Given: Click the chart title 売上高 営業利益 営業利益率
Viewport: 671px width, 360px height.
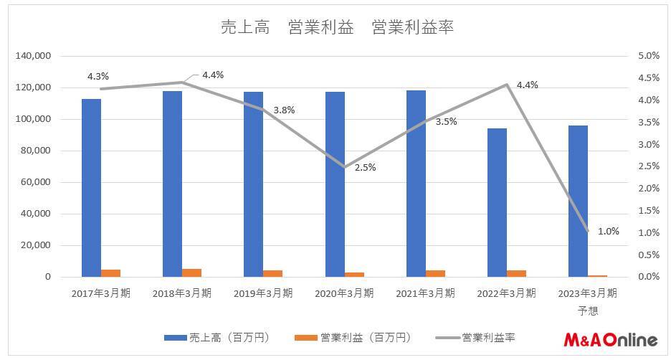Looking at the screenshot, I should pyautogui.click(x=336, y=27).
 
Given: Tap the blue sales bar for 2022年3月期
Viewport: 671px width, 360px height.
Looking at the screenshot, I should pyautogui.click(x=497, y=202).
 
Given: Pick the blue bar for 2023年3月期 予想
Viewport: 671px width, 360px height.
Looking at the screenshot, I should pyautogui.click(x=578, y=201).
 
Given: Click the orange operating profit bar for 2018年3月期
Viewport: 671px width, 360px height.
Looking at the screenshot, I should pyautogui.click(x=191, y=273).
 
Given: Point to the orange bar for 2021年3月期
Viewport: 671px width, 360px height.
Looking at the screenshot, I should pyautogui.click(x=435, y=273).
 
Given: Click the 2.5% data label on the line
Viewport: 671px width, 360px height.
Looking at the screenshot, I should pyautogui.click(x=364, y=167).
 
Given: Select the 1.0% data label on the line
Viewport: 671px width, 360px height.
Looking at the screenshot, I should pyautogui.click(x=608, y=231).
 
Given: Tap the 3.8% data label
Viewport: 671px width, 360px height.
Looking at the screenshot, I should pyautogui.click(x=283, y=110).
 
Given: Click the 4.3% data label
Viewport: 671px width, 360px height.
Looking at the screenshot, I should pyautogui.click(x=98, y=76).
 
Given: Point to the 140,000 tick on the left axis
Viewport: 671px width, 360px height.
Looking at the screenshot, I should pyautogui.click(x=33, y=56).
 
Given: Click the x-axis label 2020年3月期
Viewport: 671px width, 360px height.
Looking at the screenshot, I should pyautogui.click(x=344, y=293).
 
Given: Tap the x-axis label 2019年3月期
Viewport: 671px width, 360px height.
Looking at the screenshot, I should pyautogui.click(x=263, y=293).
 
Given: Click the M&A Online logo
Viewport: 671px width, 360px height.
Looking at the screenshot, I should pyautogui.click(x=609, y=338).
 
